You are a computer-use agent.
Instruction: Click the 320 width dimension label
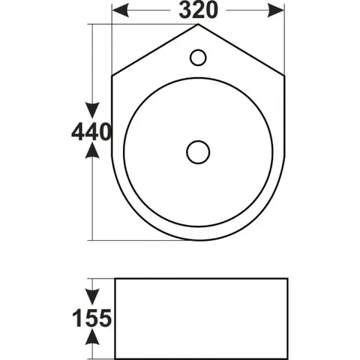(x=198, y=10)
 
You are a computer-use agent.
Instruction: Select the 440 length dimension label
(x=91, y=131)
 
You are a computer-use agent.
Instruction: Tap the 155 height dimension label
(x=91, y=318)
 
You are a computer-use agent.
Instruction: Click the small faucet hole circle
(x=198, y=58)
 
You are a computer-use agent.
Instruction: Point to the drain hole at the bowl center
(x=198, y=152)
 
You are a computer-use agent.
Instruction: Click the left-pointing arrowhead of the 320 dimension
(x=121, y=10)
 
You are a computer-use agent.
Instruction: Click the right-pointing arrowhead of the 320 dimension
(x=276, y=10)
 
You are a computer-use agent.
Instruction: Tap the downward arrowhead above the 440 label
(x=92, y=110)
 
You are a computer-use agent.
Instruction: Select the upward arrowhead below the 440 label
(x=92, y=150)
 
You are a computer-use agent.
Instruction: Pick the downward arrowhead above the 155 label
(x=92, y=297)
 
